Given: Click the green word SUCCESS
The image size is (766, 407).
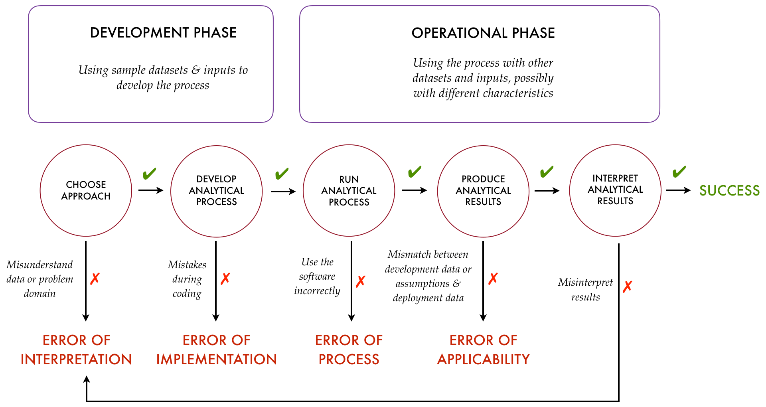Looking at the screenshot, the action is point(729,191).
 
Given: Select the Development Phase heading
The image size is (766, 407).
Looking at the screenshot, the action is point(163,33).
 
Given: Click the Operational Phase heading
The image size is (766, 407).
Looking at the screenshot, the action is point(483,33).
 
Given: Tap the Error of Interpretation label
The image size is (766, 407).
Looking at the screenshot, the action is point(76,350).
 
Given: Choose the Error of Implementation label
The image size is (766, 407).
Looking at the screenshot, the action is point(217,350).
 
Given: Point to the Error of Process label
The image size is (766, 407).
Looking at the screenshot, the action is point(349,350).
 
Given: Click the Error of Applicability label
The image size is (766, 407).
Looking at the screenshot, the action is point(484,350).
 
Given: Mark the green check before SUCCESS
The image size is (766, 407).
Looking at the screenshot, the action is point(679,172).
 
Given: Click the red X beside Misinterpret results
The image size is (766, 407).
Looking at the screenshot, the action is point(628,286).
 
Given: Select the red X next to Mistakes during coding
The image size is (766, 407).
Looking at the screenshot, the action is point(225,279).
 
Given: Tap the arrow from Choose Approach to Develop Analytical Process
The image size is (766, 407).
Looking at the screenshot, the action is point(151,190).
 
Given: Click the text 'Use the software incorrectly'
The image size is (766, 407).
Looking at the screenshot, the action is point(317,276).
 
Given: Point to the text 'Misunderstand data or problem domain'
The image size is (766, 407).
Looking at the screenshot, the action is point(40,279).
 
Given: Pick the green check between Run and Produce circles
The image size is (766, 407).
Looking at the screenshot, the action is point(415,172).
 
